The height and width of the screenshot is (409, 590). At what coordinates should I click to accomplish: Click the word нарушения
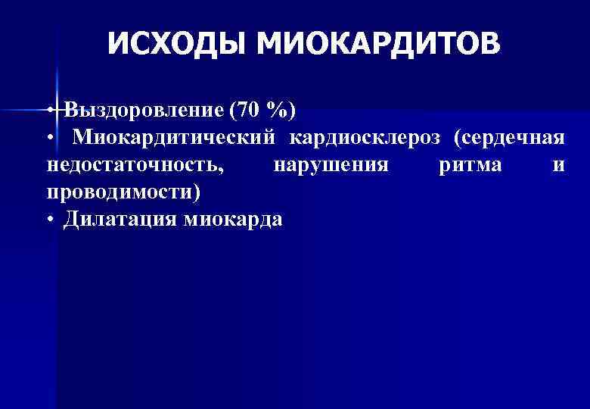click(331, 165)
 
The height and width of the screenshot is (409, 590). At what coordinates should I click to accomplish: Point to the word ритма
click(470, 165)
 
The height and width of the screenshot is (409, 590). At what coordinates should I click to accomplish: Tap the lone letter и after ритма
click(558, 166)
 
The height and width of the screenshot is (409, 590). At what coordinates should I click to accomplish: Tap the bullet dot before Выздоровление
click(48, 111)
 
